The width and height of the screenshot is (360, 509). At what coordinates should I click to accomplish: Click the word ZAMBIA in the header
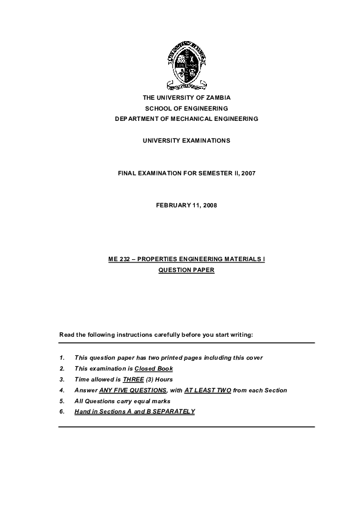click(216, 97)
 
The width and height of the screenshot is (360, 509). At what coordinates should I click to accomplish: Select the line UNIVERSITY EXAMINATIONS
click(186, 140)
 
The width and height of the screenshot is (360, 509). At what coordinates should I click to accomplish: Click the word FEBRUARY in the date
click(173, 206)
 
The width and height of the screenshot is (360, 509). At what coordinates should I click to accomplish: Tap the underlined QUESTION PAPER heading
click(186, 270)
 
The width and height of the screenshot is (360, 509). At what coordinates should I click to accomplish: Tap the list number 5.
click(62, 401)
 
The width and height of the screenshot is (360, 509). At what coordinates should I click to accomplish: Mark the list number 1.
click(62, 357)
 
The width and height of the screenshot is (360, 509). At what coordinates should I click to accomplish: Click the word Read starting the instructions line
click(66, 334)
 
